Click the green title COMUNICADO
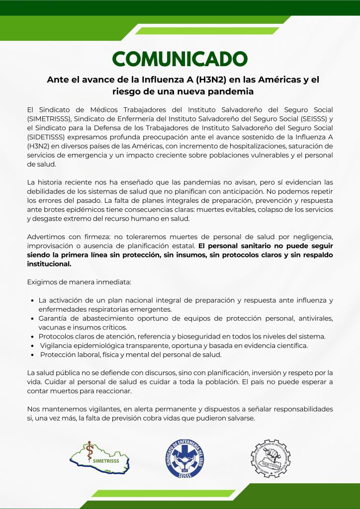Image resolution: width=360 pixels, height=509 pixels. (x=180, y=59)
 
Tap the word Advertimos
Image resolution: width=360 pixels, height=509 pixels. (x=47, y=236)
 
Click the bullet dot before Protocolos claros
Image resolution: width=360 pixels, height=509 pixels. (x=32, y=337)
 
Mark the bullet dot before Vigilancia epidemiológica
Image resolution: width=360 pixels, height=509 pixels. (x=32, y=346)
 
